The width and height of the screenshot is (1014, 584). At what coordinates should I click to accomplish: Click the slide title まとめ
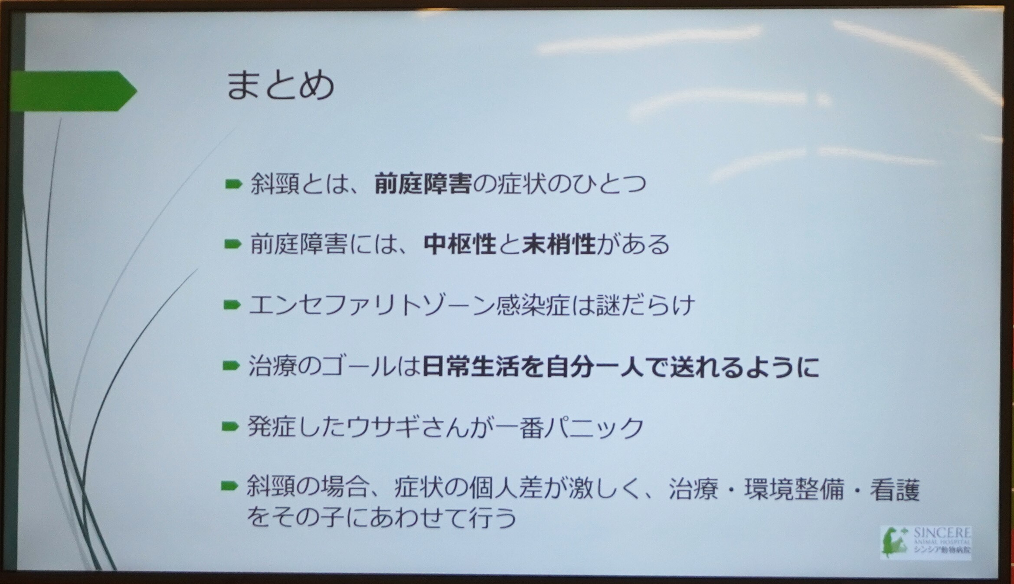(x=280, y=85)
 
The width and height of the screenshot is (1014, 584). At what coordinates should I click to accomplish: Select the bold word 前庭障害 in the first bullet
(x=423, y=184)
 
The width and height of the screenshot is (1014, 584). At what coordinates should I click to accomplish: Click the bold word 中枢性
(x=460, y=244)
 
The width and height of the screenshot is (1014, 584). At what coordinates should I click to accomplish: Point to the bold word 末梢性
(x=559, y=244)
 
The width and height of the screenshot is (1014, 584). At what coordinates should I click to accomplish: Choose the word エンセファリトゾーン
(x=372, y=305)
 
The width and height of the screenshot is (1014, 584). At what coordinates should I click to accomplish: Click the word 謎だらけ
(x=646, y=305)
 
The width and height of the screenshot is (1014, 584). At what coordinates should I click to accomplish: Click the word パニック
(x=594, y=427)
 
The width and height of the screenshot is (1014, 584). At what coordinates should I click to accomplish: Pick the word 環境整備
(x=795, y=489)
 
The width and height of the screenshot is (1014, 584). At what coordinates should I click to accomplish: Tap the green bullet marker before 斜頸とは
(x=234, y=184)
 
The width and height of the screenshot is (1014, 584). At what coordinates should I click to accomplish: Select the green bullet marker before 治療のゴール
(x=231, y=366)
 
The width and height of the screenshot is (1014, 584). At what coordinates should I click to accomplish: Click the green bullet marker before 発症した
(x=230, y=427)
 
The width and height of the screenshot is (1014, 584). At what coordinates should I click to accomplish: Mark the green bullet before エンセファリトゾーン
(x=232, y=305)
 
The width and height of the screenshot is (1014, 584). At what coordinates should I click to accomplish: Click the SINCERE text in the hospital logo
(x=942, y=533)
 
